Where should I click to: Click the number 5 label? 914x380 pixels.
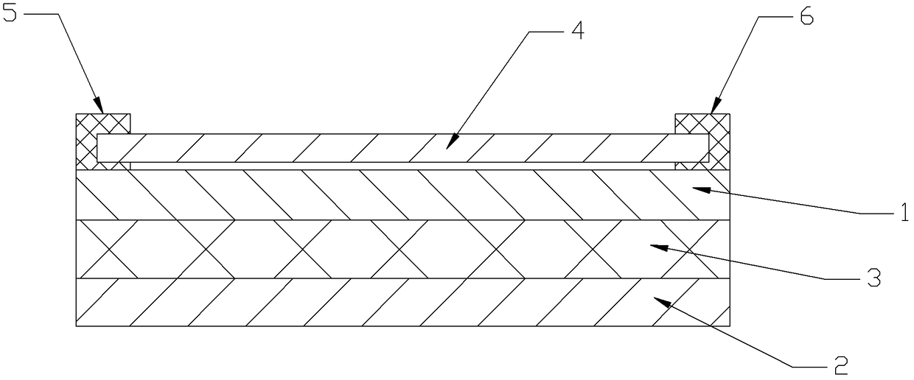(10, 15)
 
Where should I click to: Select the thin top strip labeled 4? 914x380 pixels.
(332, 147)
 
